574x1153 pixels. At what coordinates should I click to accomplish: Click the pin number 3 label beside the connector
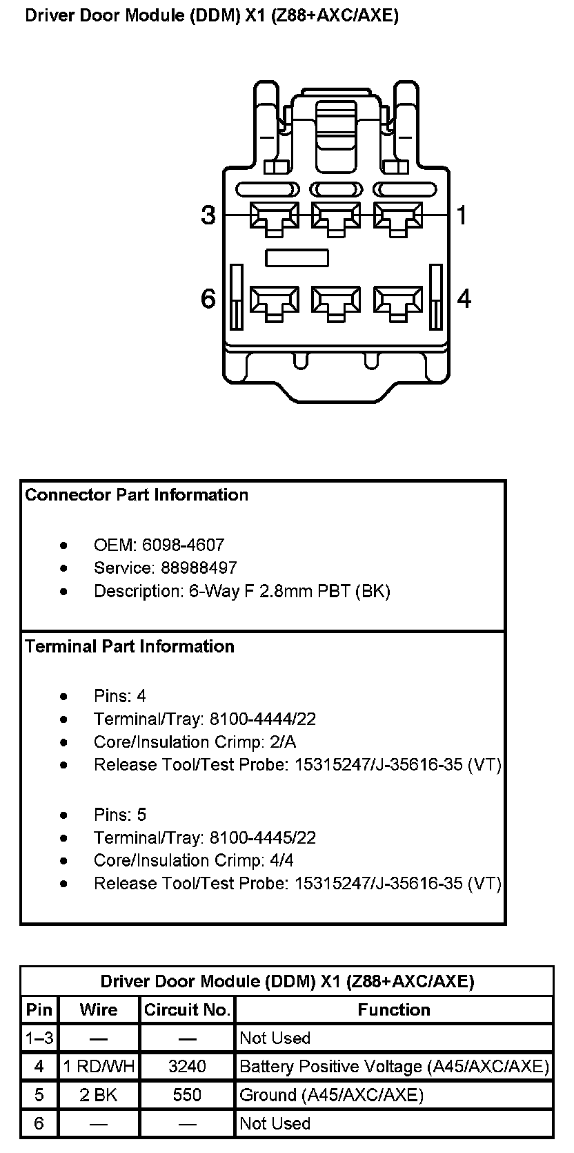point(208,215)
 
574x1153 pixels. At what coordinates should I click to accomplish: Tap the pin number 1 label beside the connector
point(462,215)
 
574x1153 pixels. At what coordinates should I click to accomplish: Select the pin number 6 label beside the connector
point(208,299)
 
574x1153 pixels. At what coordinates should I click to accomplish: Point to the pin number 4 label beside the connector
point(464,299)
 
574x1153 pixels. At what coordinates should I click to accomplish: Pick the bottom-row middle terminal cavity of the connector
point(336,302)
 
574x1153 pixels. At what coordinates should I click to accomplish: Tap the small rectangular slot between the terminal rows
point(297,258)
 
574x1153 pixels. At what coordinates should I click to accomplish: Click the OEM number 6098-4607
point(183,545)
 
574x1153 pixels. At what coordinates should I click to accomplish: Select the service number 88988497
point(199,568)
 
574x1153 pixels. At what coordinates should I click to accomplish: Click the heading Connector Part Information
point(137,495)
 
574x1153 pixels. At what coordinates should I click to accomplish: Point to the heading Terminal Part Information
point(130,646)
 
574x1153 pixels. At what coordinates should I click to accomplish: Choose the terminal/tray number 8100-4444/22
point(263,719)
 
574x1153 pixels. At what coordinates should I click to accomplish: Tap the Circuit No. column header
point(187,1010)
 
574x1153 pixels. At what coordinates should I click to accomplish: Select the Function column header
point(394,1010)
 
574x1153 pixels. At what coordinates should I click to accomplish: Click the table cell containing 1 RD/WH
point(99,1067)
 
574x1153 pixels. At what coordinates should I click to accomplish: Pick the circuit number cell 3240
point(187,1067)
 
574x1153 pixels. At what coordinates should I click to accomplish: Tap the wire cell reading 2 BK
point(99,1095)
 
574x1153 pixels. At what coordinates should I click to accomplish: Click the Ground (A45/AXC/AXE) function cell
point(331,1095)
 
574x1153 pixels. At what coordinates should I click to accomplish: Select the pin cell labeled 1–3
point(39,1038)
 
